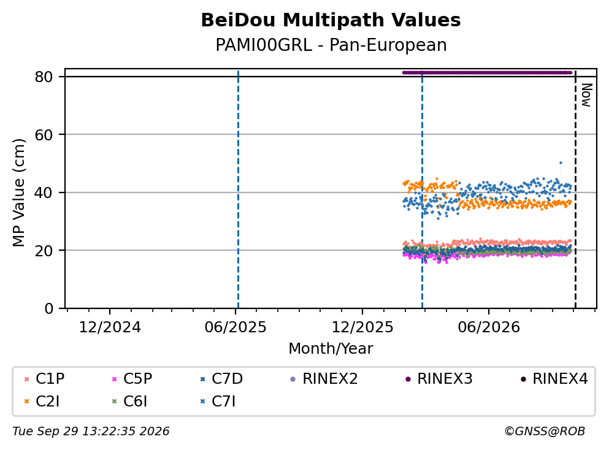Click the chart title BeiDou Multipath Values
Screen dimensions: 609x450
(x=331, y=20)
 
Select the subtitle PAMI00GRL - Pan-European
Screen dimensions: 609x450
(x=331, y=45)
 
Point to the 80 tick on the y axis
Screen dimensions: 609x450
(x=44, y=77)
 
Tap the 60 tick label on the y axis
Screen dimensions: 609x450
(x=44, y=135)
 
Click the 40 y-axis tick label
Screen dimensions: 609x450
(x=44, y=193)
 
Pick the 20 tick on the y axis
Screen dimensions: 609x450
(x=44, y=250)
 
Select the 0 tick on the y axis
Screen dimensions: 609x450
(x=48, y=308)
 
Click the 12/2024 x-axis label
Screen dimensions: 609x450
(x=110, y=327)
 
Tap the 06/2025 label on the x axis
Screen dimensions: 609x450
(x=236, y=327)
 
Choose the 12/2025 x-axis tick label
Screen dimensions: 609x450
(x=362, y=327)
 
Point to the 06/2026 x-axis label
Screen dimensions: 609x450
(x=489, y=327)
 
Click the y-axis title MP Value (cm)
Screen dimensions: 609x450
(x=18, y=193)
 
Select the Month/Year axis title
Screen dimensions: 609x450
(x=331, y=348)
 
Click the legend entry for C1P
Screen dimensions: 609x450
(x=44, y=378)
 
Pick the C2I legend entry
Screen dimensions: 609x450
(x=42, y=401)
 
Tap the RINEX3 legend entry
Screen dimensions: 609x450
(x=439, y=378)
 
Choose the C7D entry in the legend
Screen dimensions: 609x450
(x=221, y=378)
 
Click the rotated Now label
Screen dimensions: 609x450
(x=586, y=95)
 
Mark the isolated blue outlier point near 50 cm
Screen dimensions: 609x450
(x=561, y=163)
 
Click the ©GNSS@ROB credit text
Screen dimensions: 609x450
(x=545, y=431)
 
